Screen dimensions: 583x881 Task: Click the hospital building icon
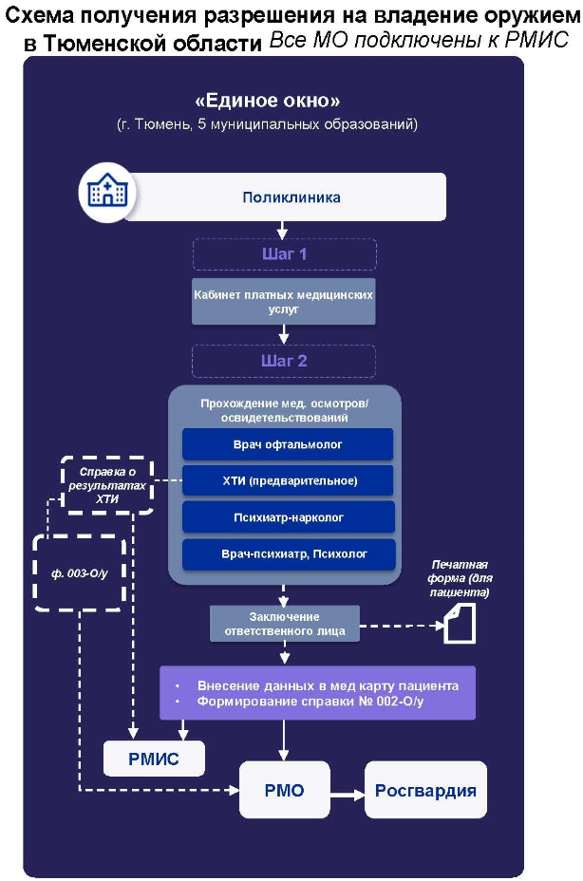click(107, 192)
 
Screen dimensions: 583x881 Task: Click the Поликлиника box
click(284, 197)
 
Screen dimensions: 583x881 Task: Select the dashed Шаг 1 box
click(285, 254)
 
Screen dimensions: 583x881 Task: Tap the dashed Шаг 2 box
click(284, 361)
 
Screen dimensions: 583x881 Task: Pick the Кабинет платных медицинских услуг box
click(283, 302)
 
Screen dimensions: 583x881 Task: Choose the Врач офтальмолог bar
click(288, 444)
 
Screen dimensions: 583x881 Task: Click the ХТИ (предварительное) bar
click(288, 480)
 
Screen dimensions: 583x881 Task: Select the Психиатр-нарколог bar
click(289, 517)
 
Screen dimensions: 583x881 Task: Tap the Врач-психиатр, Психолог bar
click(289, 554)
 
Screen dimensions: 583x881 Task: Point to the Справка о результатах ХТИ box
click(106, 485)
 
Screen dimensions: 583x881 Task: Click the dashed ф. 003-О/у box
click(79, 573)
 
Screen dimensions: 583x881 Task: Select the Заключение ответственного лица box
click(285, 624)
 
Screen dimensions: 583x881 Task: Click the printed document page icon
click(460, 623)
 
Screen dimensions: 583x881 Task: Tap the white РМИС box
click(154, 759)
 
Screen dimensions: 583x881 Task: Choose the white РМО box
click(285, 790)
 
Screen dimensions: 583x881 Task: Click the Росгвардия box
click(425, 790)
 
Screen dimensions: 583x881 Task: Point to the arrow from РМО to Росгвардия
click(348, 794)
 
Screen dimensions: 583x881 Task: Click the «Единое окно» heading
click(268, 101)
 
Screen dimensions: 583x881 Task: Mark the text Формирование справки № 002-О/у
click(310, 702)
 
